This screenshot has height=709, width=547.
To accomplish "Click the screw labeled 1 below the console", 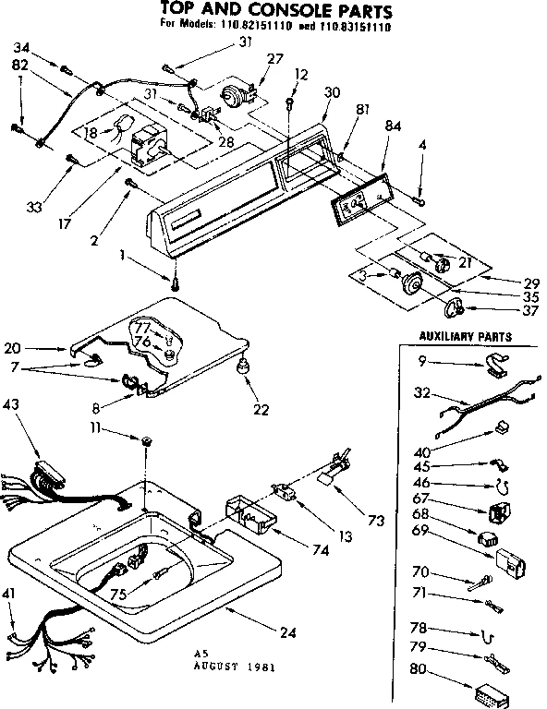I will click(x=175, y=280).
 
